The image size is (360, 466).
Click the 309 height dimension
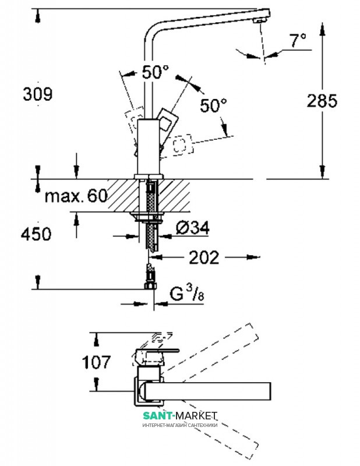point(38,94)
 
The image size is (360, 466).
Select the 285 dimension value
point(322,101)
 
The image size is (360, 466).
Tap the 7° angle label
point(298,40)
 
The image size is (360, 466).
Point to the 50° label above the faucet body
point(155,72)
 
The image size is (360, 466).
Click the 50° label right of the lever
point(213,105)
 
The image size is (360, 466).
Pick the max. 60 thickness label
point(76,196)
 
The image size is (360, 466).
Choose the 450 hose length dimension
point(36,234)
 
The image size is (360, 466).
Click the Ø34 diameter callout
point(193,228)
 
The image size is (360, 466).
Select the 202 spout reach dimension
point(204,257)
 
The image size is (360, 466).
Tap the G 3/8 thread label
point(187,293)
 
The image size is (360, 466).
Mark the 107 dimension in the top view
point(96,362)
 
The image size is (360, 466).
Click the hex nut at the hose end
point(150,286)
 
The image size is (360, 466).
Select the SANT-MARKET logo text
point(180,415)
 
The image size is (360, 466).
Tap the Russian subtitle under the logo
point(180,425)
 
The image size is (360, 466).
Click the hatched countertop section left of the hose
point(122,195)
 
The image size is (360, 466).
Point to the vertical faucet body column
point(149,147)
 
